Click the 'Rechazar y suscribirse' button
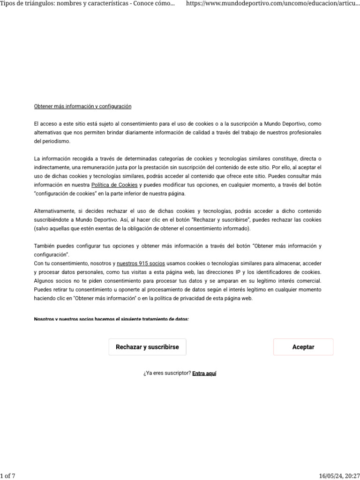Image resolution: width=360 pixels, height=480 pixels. (147, 347)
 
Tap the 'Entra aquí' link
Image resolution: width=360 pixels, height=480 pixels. (204, 374)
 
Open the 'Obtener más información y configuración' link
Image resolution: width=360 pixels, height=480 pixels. (82, 106)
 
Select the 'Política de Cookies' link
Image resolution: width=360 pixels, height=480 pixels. (114, 185)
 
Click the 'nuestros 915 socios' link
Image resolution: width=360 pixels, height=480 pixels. (141, 263)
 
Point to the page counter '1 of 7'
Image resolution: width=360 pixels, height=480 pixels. (8, 476)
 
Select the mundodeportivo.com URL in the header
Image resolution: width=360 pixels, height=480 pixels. (273, 4)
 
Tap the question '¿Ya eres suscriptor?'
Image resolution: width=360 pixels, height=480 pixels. (167, 374)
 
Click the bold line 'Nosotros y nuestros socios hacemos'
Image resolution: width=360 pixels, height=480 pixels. (111, 320)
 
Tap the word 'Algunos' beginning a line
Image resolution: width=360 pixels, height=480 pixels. (44, 281)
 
